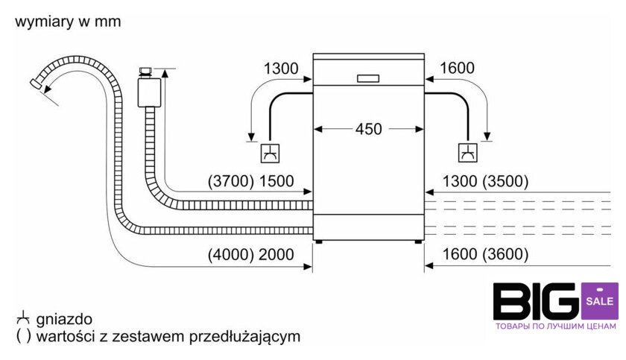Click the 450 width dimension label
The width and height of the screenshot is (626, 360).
pos(368,129)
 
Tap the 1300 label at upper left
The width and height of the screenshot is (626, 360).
pos(281,69)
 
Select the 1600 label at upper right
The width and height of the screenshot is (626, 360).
pos(457,69)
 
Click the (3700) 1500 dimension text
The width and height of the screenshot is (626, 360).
pos(251,180)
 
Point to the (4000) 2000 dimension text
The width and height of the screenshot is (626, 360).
pos(251,255)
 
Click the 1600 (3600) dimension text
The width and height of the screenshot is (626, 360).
pos(484,255)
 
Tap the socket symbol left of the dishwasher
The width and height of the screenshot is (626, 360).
pos(268,154)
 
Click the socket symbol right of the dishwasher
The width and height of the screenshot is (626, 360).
pos(468,154)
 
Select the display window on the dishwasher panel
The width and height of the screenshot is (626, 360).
pos(368,77)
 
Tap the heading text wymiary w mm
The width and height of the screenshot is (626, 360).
pos(67,22)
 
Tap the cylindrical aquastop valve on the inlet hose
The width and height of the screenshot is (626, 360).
pos(148,91)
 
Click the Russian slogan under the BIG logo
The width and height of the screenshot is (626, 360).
pos(556,326)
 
